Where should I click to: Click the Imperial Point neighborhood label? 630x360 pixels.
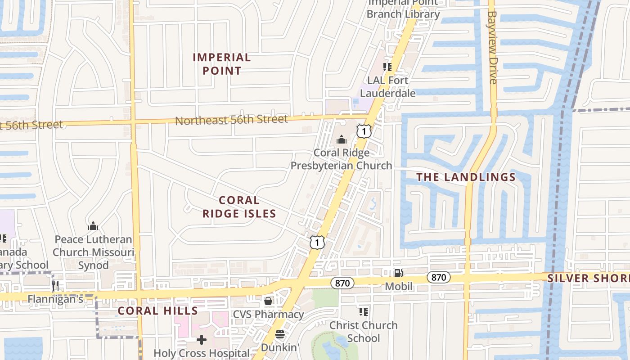(221, 64)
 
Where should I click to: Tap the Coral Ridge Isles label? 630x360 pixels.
(239, 207)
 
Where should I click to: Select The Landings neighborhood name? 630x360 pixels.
(466, 177)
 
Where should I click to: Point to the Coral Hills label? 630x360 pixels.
(157, 311)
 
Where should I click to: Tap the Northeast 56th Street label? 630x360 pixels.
(231, 120)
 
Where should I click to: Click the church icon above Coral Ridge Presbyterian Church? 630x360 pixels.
(342, 140)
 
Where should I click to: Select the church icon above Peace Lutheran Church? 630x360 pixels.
(93, 226)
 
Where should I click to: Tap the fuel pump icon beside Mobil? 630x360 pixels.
(398, 273)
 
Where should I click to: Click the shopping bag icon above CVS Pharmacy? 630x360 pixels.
(268, 301)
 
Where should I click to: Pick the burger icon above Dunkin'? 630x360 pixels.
(280, 334)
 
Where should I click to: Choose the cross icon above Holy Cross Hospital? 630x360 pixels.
(202, 340)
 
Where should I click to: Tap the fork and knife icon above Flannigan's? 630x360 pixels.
(55, 285)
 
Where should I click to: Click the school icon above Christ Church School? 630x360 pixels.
(364, 311)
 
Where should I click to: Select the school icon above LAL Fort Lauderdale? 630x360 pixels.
(387, 67)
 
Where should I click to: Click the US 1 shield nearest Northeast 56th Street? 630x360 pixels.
(364, 131)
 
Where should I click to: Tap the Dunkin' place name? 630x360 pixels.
(280, 347)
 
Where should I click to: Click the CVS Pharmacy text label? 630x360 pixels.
(268, 314)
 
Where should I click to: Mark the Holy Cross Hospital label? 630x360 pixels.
(202, 353)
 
